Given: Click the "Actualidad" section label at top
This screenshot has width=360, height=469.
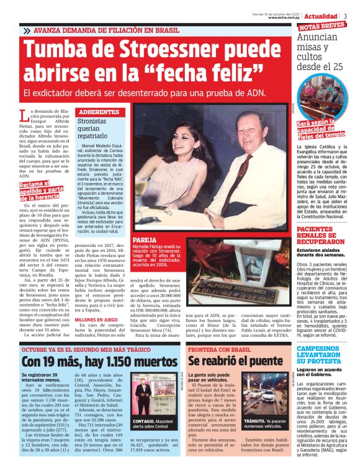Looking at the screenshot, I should (321, 16).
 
